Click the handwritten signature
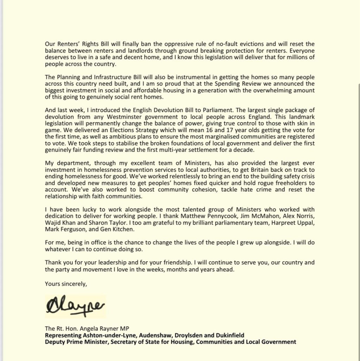point(75,305)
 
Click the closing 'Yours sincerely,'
point(66,284)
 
